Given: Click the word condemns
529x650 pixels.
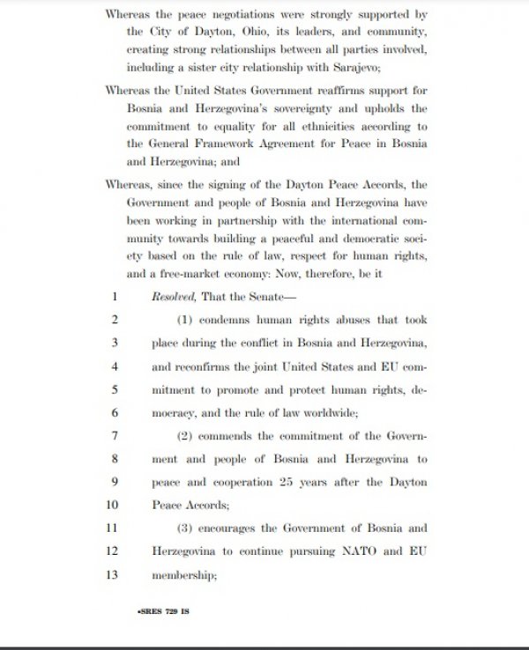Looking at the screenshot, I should tap(226, 319).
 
